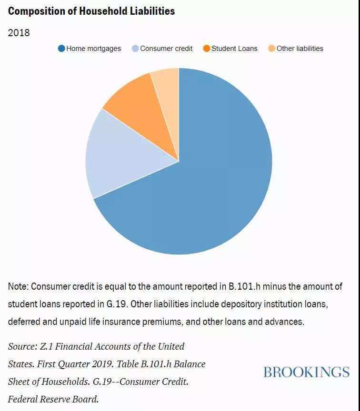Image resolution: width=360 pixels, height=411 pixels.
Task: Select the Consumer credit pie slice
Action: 123,157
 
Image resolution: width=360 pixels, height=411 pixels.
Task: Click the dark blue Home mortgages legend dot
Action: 61,49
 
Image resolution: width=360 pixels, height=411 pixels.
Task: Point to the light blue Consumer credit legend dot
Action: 135,49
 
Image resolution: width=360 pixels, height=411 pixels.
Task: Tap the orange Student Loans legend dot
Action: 207,49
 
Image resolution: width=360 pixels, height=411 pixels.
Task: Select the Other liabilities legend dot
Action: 271,49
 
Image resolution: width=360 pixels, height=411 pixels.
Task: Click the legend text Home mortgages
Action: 94,49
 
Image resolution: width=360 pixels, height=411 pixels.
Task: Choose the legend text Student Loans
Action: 234,49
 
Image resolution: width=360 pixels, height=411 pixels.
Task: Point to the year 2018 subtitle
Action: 19,33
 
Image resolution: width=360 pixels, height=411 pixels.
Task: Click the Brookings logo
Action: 307,372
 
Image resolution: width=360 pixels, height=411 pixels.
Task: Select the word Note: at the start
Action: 18,286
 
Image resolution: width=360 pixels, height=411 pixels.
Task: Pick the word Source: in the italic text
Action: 23,346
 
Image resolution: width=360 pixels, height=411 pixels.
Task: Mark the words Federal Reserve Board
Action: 53,399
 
